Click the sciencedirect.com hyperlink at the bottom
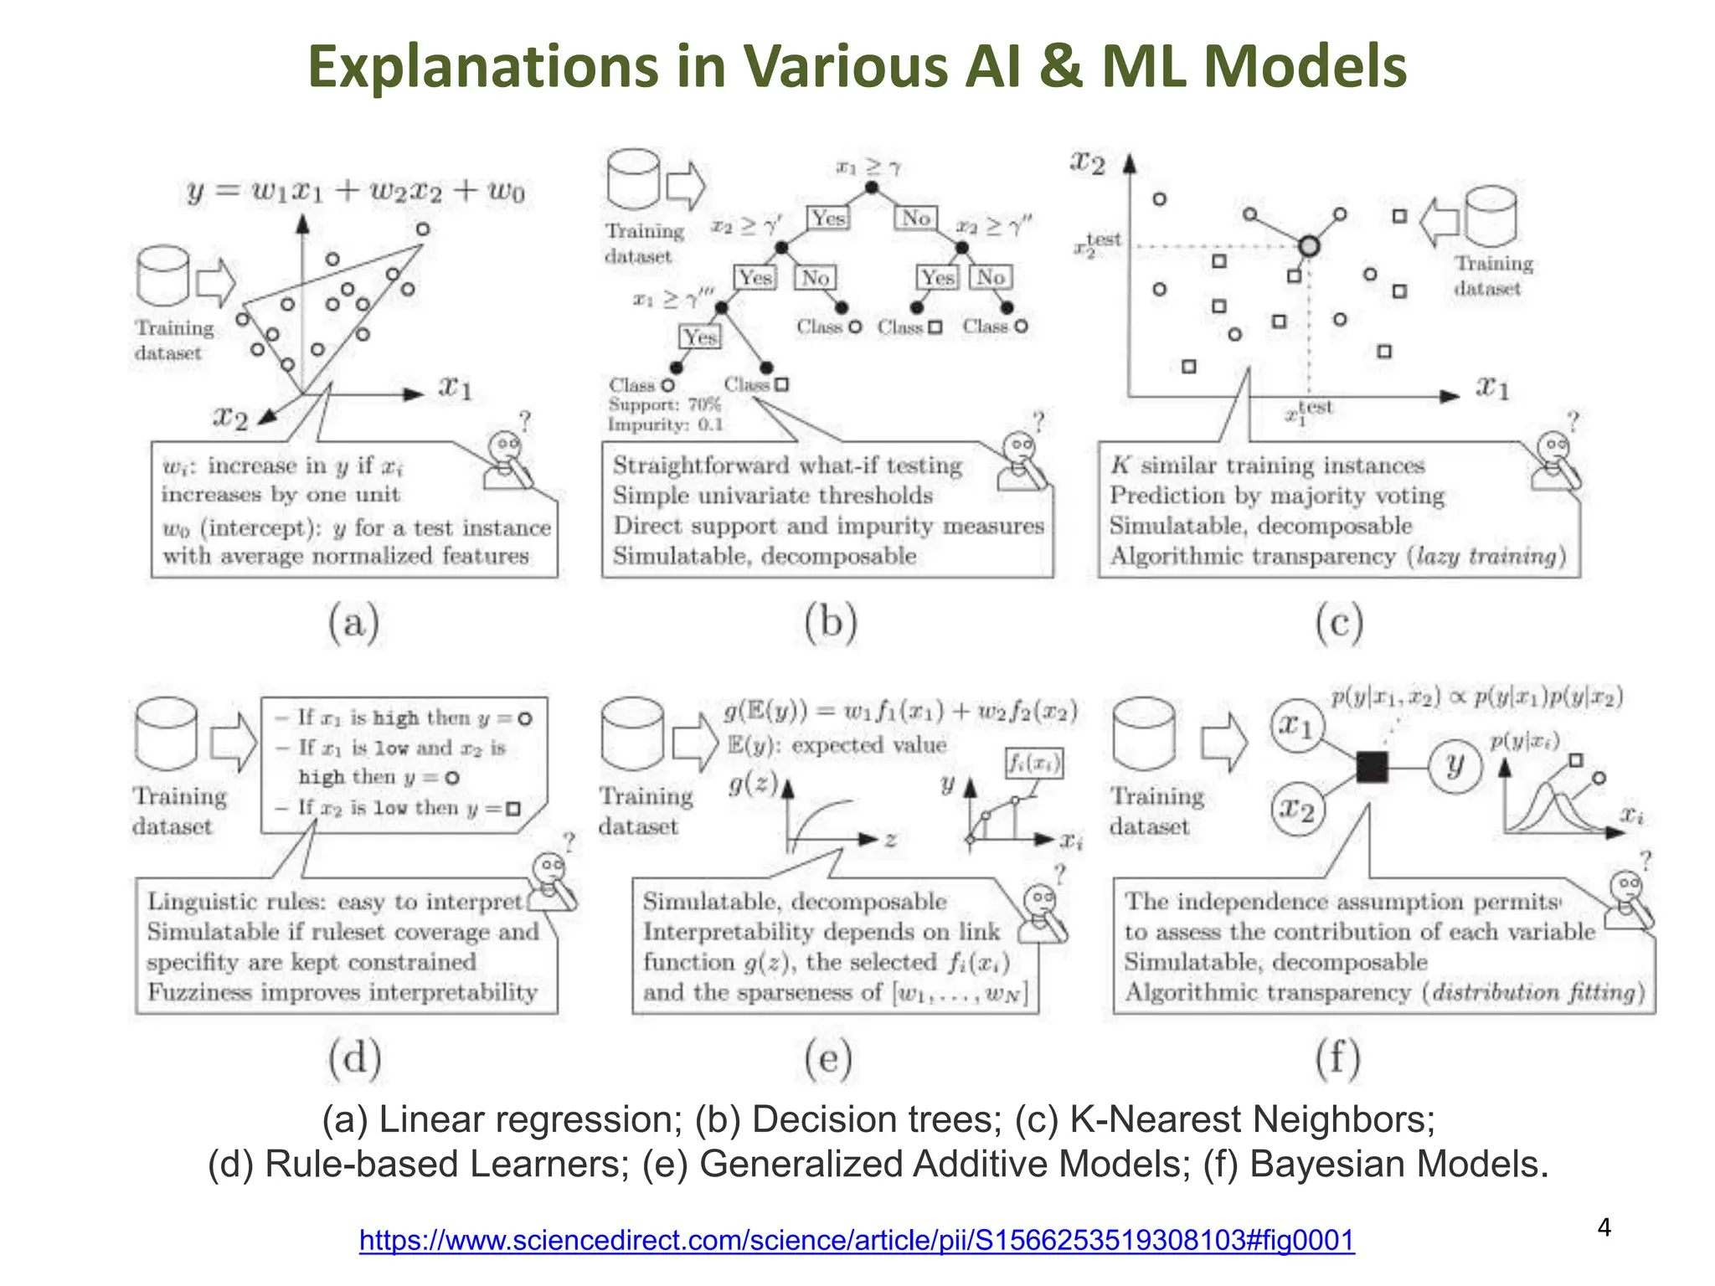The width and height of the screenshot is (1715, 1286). click(x=856, y=1239)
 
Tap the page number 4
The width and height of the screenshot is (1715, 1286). click(x=1604, y=1227)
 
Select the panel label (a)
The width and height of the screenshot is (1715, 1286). click(x=353, y=624)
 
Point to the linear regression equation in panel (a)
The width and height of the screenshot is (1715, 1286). click(x=356, y=192)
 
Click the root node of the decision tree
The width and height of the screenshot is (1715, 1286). click(x=872, y=188)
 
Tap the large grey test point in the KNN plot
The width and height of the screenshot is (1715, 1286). click(x=1310, y=246)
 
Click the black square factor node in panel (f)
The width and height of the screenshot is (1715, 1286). click(x=1371, y=766)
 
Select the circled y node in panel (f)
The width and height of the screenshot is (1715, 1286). click(x=1455, y=765)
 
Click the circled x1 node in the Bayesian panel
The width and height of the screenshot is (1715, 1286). click(x=1297, y=726)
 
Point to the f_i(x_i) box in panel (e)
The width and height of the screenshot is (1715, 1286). click(x=1034, y=763)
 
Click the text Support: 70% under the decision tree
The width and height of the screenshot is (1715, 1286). click(x=664, y=404)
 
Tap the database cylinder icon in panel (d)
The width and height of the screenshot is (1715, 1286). click(x=166, y=734)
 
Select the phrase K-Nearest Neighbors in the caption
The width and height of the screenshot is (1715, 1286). click(x=1252, y=1119)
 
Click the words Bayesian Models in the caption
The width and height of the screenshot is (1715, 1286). click(x=1398, y=1164)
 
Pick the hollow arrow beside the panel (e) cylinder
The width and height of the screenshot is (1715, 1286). click(x=695, y=742)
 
